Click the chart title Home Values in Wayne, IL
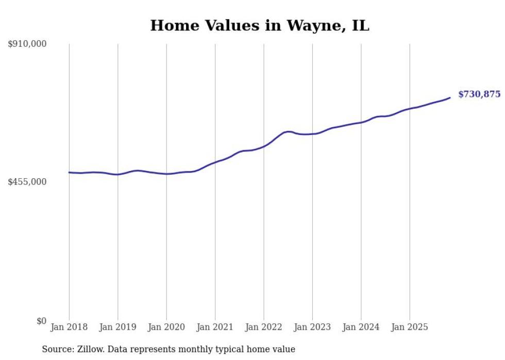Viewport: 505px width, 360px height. click(x=259, y=25)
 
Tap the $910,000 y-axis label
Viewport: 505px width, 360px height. click(x=27, y=44)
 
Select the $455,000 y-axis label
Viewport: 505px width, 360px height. click(x=27, y=182)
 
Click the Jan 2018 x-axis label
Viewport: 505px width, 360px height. click(x=69, y=327)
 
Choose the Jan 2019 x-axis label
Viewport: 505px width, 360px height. click(x=118, y=327)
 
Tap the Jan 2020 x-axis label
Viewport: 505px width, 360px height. click(x=166, y=327)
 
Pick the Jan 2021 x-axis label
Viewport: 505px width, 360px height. click(x=215, y=327)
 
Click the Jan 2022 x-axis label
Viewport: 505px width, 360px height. click(x=264, y=327)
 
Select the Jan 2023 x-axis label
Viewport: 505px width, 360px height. click(x=312, y=327)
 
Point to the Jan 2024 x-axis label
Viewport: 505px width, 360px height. click(x=361, y=327)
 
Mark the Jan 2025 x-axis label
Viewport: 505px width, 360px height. click(x=410, y=327)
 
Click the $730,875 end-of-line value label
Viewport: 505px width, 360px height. click(x=479, y=94)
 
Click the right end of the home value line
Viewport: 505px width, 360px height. click(x=450, y=97)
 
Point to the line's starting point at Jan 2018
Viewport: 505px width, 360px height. click(x=69, y=173)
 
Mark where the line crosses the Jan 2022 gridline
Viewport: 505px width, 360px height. click(x=264, y=146)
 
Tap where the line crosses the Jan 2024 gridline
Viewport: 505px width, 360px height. click(x=361, y=122)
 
